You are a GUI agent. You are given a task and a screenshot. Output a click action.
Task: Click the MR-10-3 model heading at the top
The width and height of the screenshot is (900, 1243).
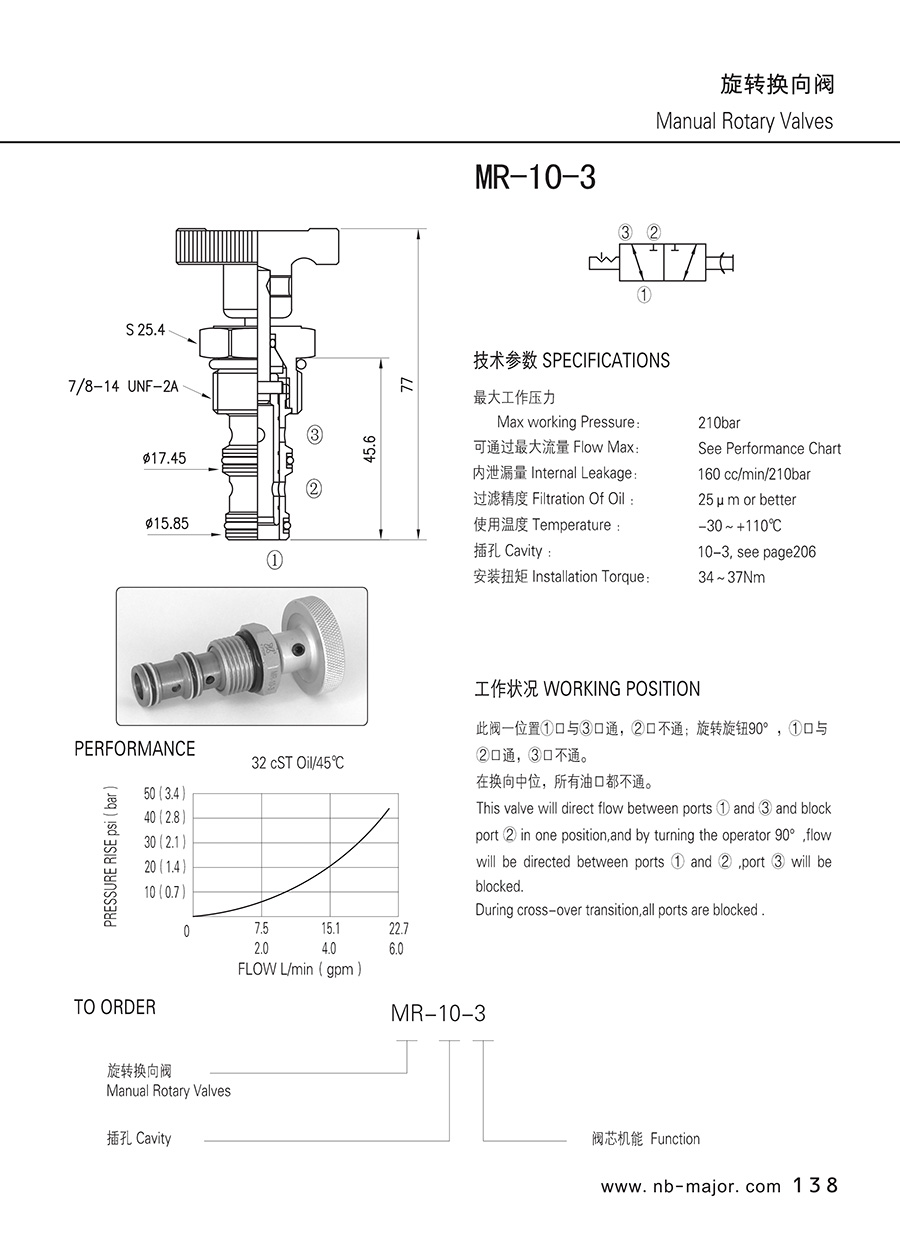click(x=535, y=178)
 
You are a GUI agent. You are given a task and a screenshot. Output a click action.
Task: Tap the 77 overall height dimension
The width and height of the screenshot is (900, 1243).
click(x=407, y=384)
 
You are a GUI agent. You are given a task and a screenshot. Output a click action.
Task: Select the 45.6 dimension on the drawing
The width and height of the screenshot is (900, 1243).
click(x=370, y=449)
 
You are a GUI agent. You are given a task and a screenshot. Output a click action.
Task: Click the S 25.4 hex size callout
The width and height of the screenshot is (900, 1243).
click(x=145, y=330)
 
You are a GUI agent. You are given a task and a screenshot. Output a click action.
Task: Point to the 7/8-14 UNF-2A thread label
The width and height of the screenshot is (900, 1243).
click(x=123, y=386)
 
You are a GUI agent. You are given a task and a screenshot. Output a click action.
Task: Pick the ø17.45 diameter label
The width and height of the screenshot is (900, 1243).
click(x=164, y=458)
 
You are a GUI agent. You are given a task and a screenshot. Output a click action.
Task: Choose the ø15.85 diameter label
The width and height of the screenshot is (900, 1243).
click(x=167, y=523)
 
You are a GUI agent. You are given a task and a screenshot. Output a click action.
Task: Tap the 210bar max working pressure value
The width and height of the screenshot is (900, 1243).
click(x=719, y=423)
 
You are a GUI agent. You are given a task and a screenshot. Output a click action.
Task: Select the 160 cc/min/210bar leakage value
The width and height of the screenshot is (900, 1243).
click(x=754, y=474)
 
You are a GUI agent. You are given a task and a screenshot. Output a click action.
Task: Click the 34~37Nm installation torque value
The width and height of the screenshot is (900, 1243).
click(x=731, y=578)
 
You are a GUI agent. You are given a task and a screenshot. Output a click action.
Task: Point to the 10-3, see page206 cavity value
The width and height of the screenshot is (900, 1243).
click(x=757, y=552)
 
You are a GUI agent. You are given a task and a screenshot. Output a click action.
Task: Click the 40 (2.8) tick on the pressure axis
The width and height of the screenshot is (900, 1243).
click(x=165, y=817)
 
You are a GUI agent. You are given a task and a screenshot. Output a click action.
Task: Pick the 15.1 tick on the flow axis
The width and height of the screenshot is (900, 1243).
click(x=331, y=928)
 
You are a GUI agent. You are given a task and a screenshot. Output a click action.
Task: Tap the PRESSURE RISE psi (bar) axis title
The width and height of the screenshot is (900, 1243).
click(x=111, y=856)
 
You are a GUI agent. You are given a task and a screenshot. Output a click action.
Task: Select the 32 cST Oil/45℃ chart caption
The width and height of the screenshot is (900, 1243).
click(x=297, y=763)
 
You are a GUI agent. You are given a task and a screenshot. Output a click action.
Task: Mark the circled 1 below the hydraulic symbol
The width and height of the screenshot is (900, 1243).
click(x=644, y=294)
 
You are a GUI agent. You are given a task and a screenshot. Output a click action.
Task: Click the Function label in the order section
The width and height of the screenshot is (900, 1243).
click(x=675, y=1139)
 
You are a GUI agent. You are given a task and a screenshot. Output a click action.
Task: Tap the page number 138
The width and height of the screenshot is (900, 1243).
click(x=815, y=1185)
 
